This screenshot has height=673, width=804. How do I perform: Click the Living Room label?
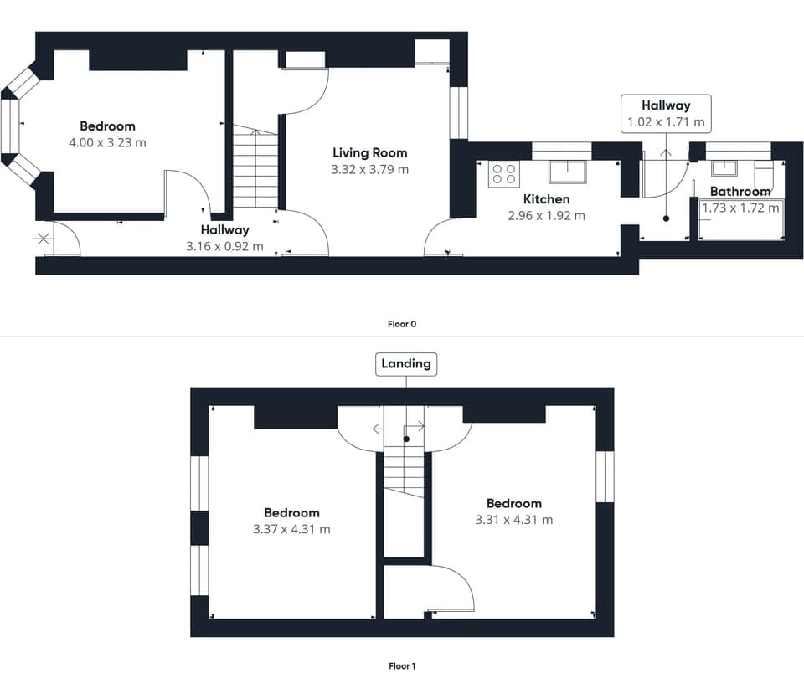(x=369, y=152)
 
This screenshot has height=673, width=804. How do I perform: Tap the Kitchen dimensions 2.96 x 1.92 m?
(x=546, y=215)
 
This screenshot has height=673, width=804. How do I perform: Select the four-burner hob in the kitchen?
(x=503, y=173)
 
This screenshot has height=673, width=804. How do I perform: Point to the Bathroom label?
(x=740, y=192)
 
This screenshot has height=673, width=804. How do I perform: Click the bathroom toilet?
(x=765, y=176)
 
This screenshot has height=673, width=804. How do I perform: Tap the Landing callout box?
(x=406, y=363)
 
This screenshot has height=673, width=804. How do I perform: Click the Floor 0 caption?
(x=402, y=324)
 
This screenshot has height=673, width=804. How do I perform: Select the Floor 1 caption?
(x=402, y=665)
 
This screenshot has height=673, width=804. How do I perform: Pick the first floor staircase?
(x=405, y=473)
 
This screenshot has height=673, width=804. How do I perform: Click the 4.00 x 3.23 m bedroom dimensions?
(x=107, y=143)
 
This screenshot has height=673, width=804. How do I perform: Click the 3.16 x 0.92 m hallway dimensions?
(x=224, y=246)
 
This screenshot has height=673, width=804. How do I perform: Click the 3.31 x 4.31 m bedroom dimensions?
(x=513, y=519)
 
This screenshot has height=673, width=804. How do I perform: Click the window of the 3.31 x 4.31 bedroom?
(x=605, y=477)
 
